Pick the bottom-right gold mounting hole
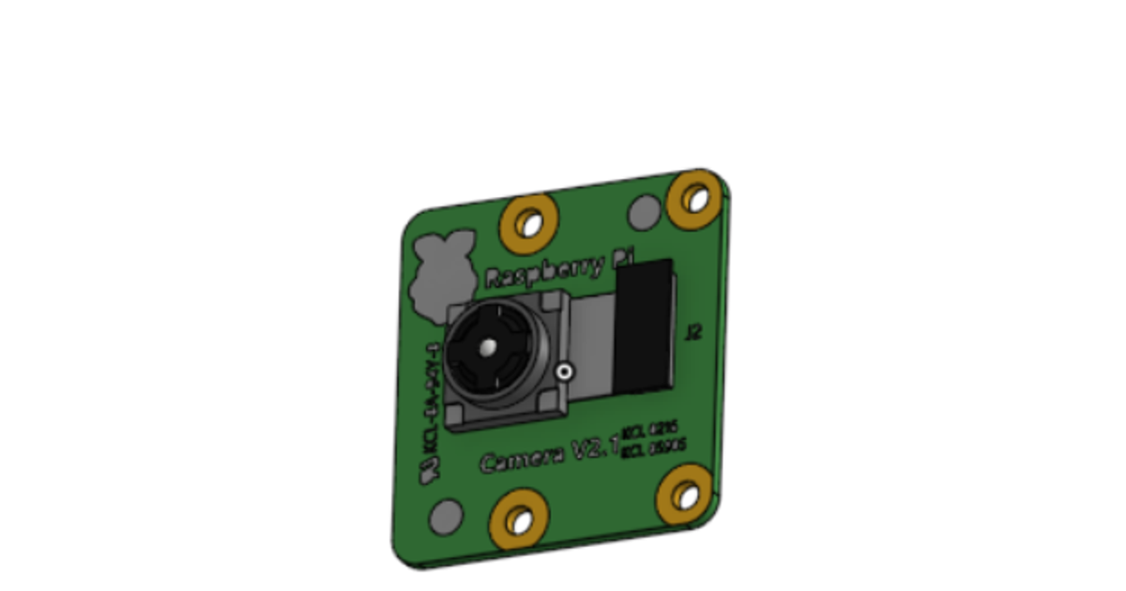pos(686,495)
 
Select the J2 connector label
pos(693,331)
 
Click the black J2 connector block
pos(645,325)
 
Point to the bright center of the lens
pos(487,347)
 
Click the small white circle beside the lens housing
pos(564,372)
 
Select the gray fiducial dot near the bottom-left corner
pos(445,515)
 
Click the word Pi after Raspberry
pos(624,260)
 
